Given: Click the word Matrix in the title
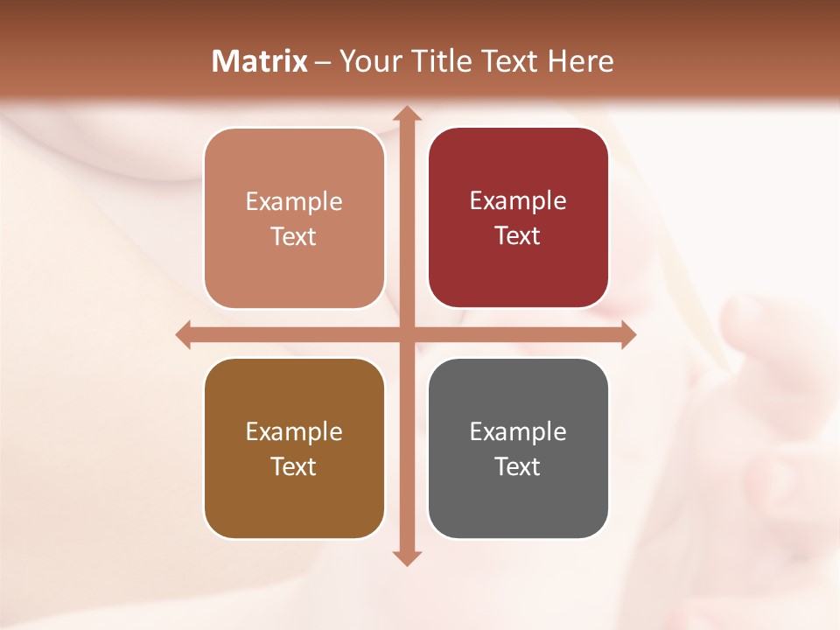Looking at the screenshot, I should pyautogui.click(x=259, y=61).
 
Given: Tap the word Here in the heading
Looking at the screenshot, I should pyautogui.click(x=580, y=61).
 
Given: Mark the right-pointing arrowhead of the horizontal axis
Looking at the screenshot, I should pyautogui.click(x=628, y=335).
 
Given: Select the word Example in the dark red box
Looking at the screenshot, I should pyautogui.click(x=518, y=200).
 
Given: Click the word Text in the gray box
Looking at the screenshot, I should pyautogui.click(x=518, y=466).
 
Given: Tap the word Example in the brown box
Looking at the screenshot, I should pyautogui.click(x=294, y=431).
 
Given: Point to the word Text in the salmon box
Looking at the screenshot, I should pyautogui.click(x=294, y=236).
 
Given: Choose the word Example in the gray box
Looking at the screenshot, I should pyautogui.click(x=518, y=431).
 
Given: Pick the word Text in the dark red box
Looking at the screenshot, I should pyautogui.click(x=518, y=235).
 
